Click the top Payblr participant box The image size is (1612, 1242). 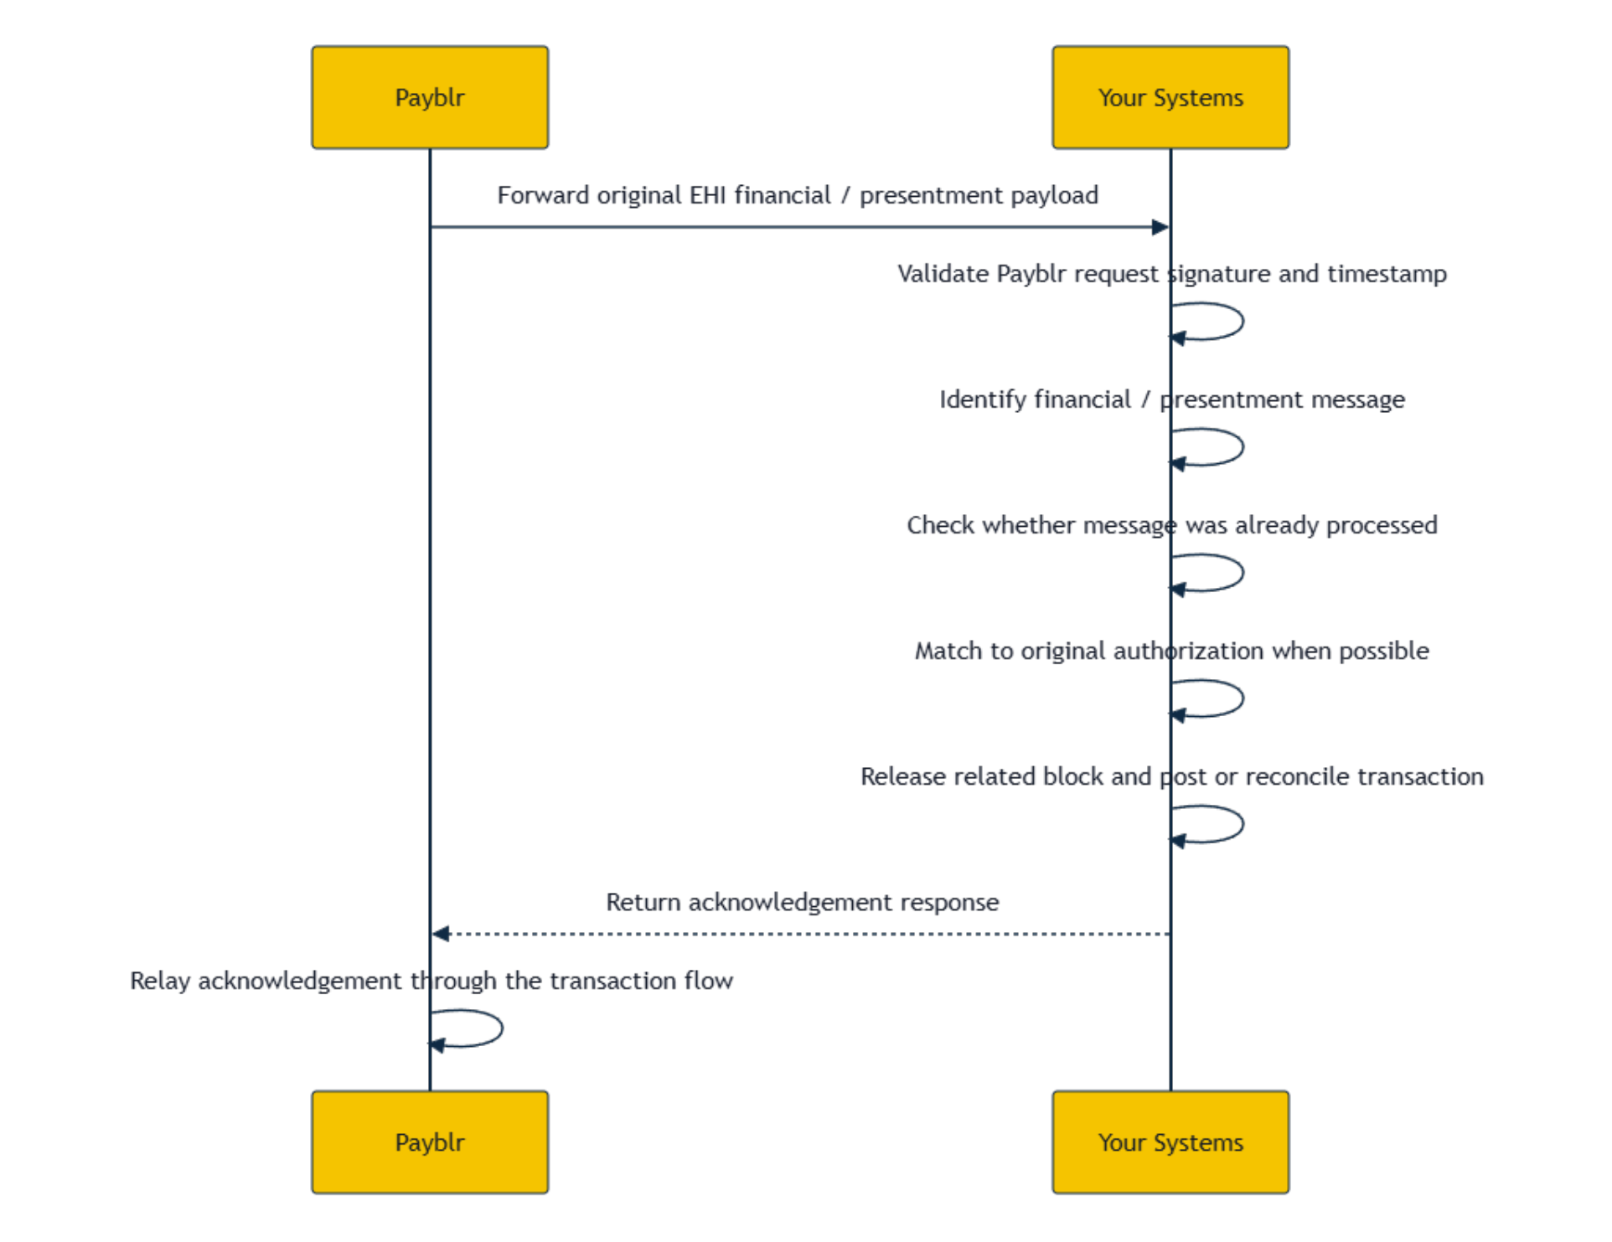(430, 97)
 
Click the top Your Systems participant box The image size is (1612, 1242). (1170, 97)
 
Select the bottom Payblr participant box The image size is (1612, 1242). (430, 1142)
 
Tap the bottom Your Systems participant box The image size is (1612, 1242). (1170, 1142)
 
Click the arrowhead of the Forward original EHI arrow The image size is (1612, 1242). (1161, 227)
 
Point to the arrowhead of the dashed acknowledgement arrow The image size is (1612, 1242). (441, 933)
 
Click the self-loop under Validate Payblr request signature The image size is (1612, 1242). (1243, 322)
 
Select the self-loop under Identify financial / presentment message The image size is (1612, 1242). (1243, 447)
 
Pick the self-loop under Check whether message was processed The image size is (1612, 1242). (1243, 573)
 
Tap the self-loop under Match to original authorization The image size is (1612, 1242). (1243, 698)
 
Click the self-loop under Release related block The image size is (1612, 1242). (1243, 824)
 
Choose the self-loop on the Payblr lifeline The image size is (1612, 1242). (502, 1028)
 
